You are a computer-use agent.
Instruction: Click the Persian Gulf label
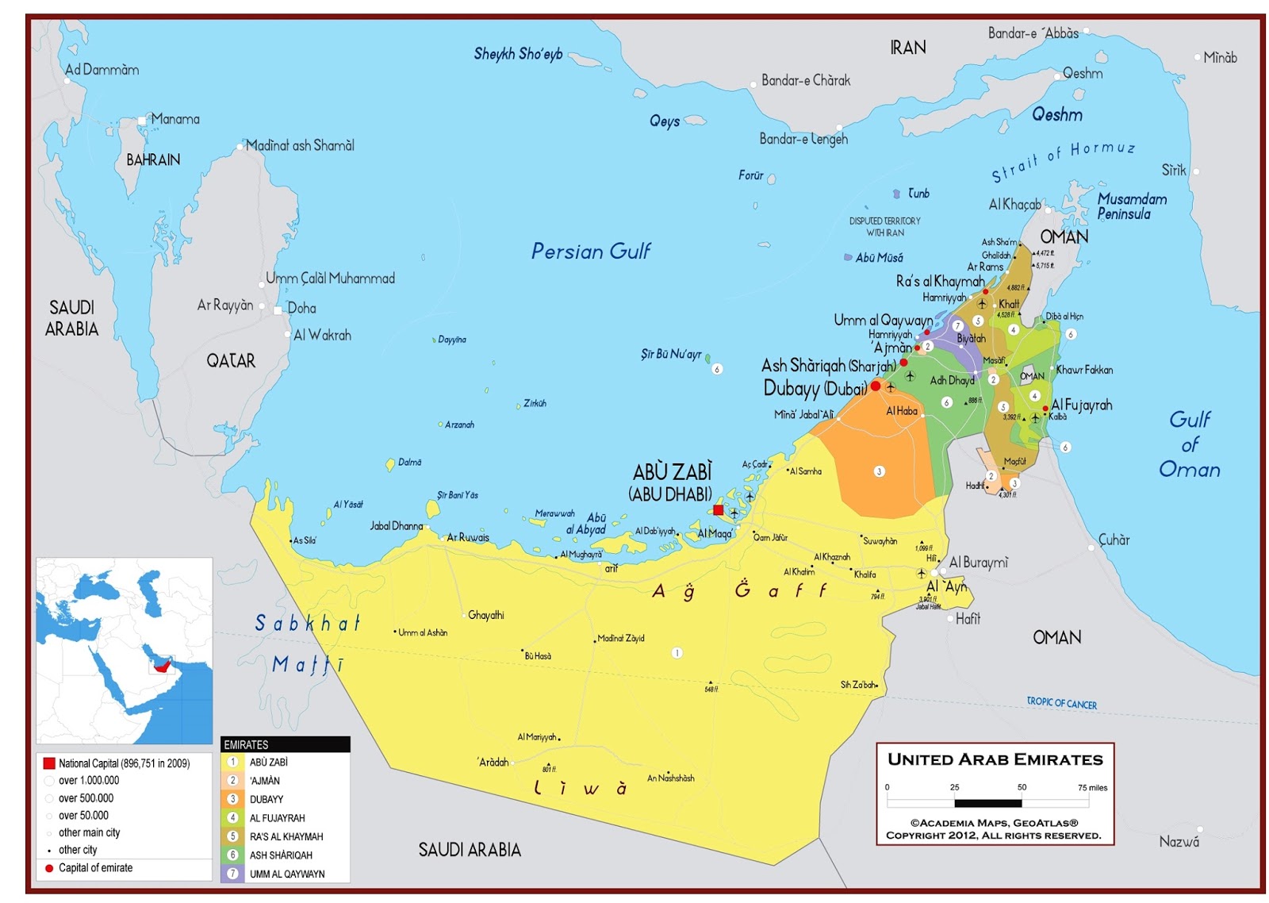[x=590, y=252]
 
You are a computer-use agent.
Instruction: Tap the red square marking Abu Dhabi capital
[x=718, y=510]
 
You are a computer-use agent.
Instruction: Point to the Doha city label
[x=301, y=308]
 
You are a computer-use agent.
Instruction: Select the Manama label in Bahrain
[x=175, y=119]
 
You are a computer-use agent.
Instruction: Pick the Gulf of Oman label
[x=1189, y=444]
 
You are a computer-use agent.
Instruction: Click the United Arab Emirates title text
[x=995, y=759]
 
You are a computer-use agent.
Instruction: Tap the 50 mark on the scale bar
[x=1022, y=787]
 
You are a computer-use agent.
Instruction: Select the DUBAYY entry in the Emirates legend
[x=266, y=799]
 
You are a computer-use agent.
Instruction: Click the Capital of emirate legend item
[x=95, y=867]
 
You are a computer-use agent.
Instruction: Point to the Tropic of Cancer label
[x=1061, y=703]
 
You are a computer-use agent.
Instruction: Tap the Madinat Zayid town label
[x=621, y=638]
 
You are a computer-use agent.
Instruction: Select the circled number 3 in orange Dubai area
[x=879, y=471]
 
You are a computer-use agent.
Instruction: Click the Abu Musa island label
[x=879, y=258]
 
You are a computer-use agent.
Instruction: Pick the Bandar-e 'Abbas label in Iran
[x=1033, y=33]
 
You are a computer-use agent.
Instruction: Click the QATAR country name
[x=231, y=361]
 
